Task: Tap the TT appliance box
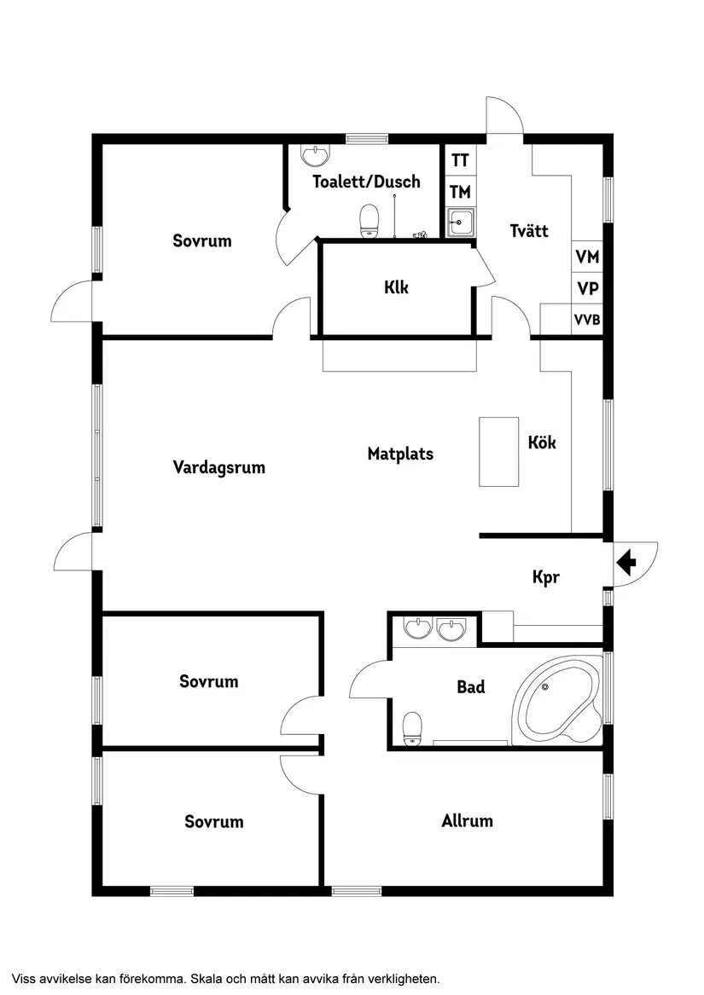click(x=460, y=160)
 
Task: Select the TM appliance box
click(x=460, y=192)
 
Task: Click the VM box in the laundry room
click(x=587, y=257)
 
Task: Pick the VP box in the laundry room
click(x=587, y=288)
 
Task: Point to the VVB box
click(x=587, y=320)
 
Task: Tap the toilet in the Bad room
click(x=412, y=727)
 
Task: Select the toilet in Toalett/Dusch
click(x=369, y=221)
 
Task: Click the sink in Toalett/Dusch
click(x=316, y=155)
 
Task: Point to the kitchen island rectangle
click(x=498, y=451)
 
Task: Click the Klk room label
click(x=397, y=287)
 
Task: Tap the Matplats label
click(x=400, y=454)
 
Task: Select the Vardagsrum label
click(x=219, y=467)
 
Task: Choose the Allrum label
click(x=467, y=821)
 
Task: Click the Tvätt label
click(x=529, y=230)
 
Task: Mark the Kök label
click(x=542, y=443)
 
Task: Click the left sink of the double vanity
click(x=418, y=629)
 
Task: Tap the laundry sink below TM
click(x=461, y=223)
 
